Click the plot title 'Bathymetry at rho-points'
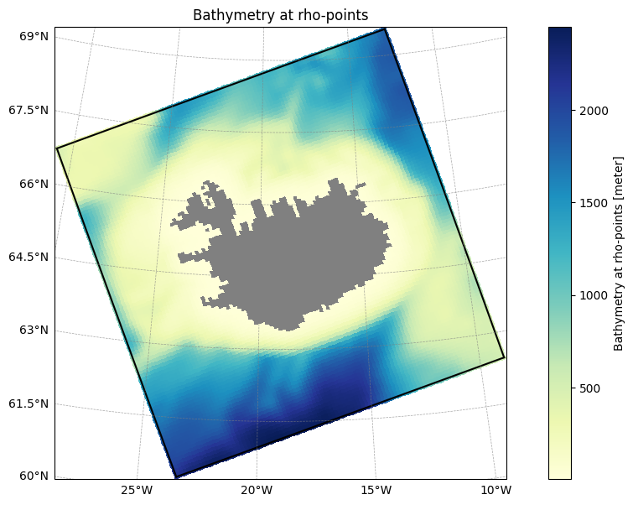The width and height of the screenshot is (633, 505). click(281, 15)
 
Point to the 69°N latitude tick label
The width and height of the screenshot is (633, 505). click(34, 36)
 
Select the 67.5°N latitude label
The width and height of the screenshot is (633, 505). click(29, 110)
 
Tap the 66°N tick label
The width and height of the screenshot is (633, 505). click(34, 184)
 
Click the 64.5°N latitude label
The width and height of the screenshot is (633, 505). click(29, 257)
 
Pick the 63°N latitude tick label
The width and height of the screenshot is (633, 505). click(34, 330)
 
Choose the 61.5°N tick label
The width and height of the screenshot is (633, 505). click(29, 403)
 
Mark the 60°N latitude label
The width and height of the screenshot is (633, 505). click(34, 476)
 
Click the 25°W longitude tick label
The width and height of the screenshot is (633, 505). click(137, 491)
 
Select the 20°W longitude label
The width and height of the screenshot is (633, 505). click(257, 491)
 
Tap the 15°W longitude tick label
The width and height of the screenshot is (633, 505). click(376, 491)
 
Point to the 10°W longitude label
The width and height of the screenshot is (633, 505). click(496, 491)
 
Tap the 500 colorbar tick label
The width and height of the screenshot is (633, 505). click(589, 388)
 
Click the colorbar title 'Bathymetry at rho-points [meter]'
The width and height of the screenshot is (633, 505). click(618, 253)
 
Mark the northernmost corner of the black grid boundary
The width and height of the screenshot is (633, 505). click(386, 29)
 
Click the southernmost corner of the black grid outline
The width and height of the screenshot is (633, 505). click(176, 477)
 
